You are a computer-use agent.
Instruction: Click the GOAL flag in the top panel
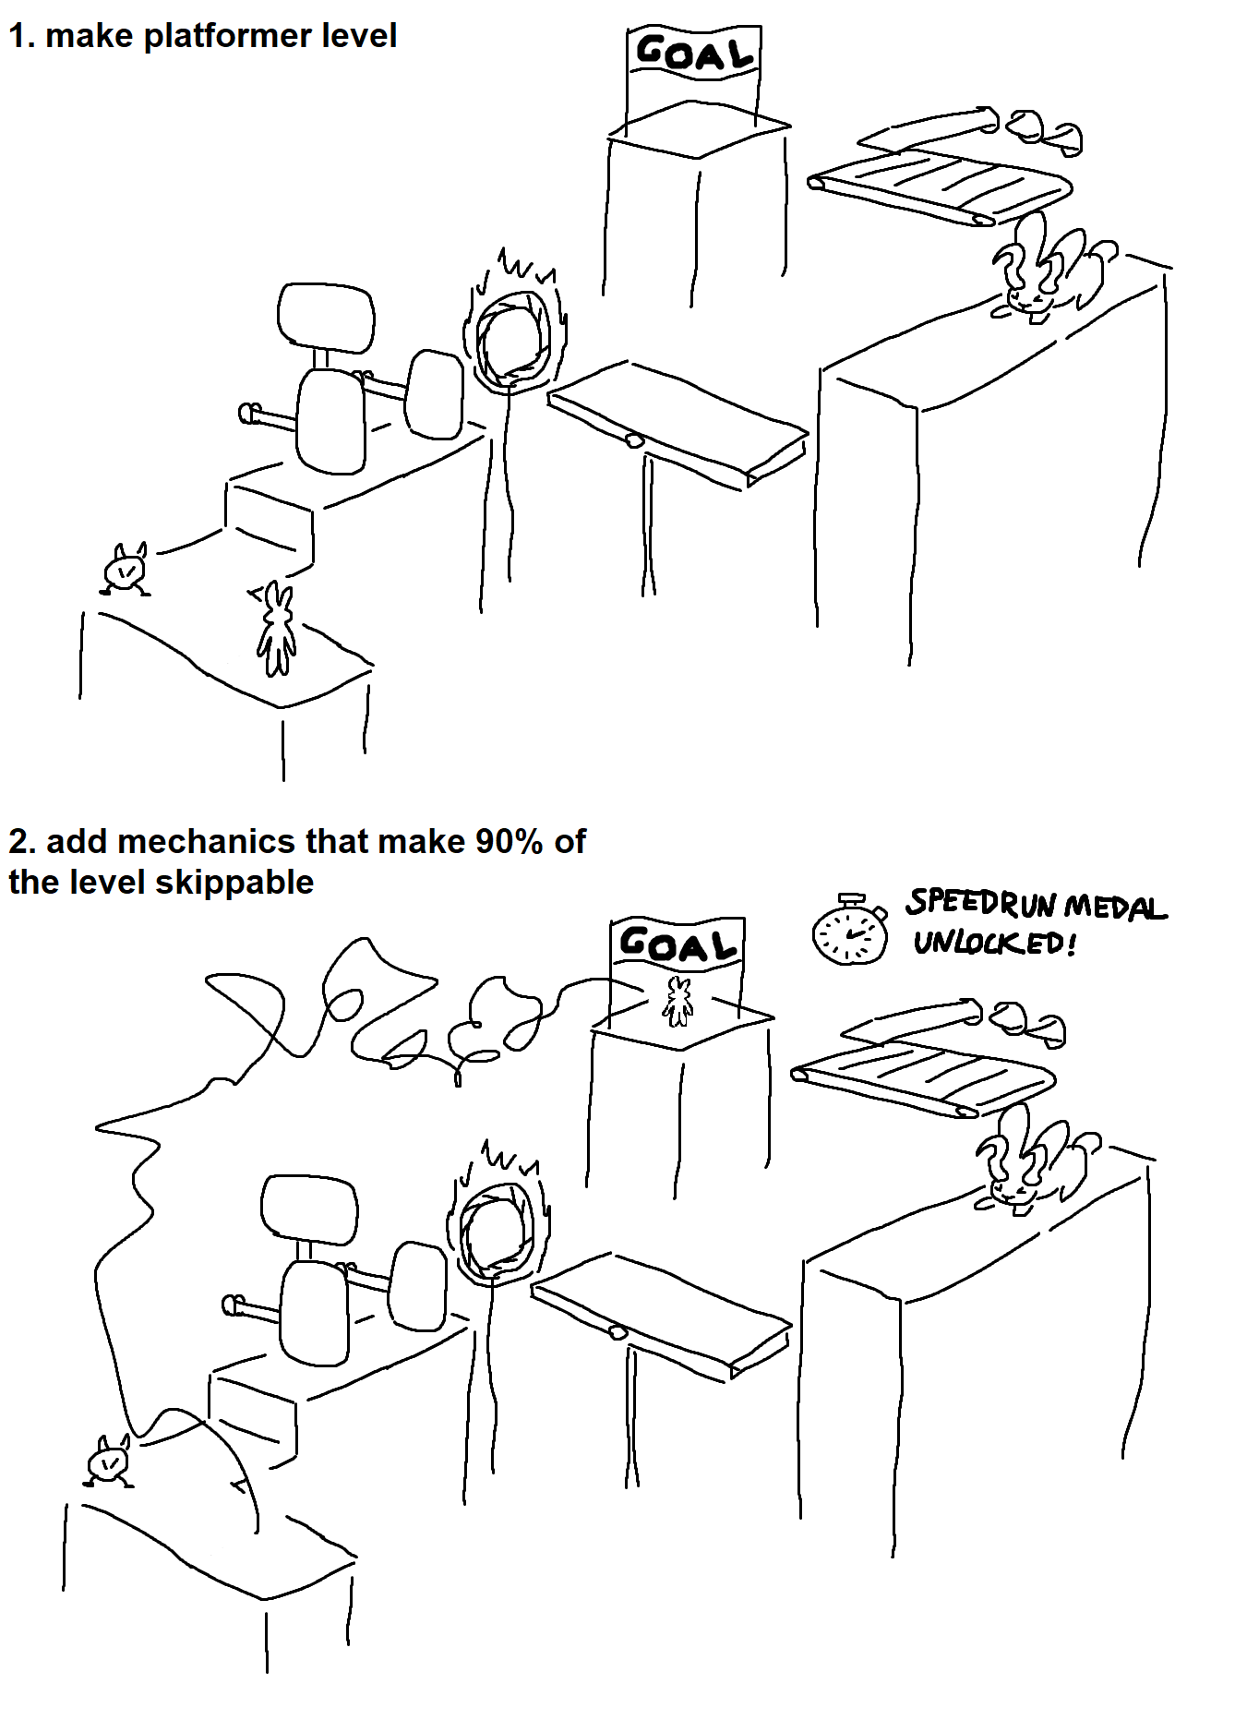coord(694,54)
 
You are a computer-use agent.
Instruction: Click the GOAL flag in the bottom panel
coord(677,944)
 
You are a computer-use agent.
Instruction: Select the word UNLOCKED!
coord(995,943)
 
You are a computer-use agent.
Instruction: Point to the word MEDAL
coord(1115,907)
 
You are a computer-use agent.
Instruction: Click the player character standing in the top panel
coord(275,628)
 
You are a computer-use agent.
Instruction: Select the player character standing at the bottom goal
coord(679,1002)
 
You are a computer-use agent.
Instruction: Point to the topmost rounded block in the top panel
coord(326,318)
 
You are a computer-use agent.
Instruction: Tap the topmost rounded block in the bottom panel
coord(309,1209)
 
